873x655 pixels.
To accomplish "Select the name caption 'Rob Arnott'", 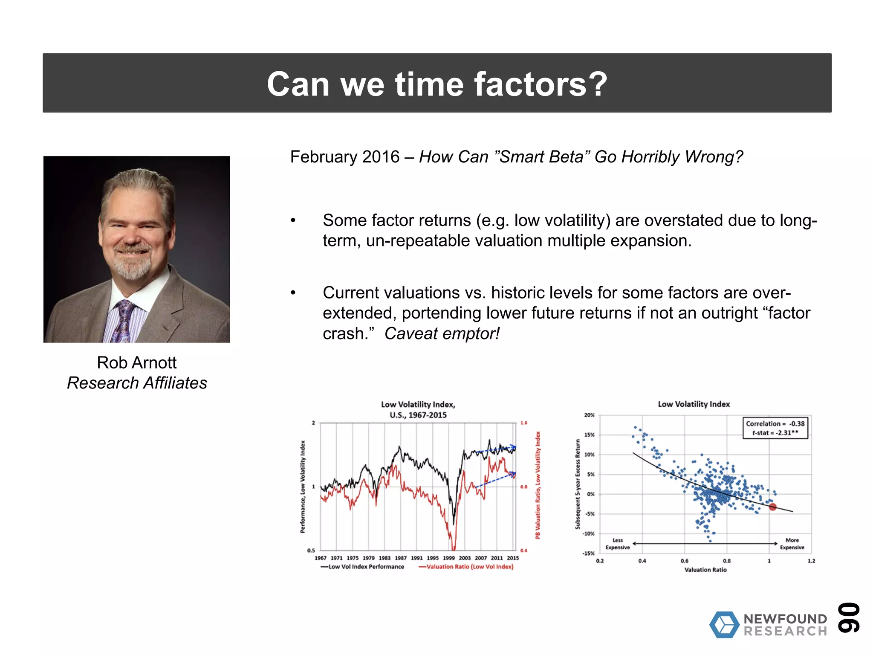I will [x=136, y=362].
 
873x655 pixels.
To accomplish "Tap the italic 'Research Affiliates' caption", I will [x=137, y=383].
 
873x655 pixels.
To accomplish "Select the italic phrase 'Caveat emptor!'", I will [x=442, y=333].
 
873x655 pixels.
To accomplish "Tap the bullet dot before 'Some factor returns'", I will [x=293, y=220].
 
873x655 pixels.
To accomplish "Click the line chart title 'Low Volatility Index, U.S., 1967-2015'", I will [x=418, y=409].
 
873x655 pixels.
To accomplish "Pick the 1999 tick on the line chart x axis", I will [x=448, y=558].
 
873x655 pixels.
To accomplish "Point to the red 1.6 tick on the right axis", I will [x=523, y=423].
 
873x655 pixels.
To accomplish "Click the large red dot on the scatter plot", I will [x=773, y=507].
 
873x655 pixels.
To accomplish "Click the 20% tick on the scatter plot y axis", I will [x=589, y=415].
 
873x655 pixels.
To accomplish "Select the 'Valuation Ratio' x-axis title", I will [x=705, y=570].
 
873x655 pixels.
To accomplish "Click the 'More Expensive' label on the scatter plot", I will [x=792, y=544].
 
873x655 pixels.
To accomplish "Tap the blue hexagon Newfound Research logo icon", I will [x=724, y=625].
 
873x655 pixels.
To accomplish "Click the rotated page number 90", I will [x=848, y=617].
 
